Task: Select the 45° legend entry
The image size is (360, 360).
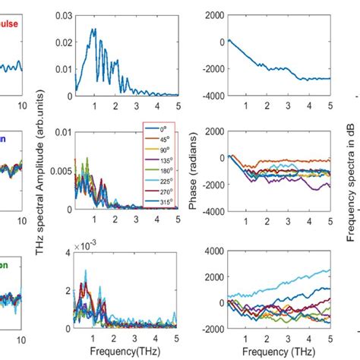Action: (159, 139)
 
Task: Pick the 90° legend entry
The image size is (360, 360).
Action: (159, 150)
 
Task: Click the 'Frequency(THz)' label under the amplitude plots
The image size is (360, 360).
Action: (125, 352)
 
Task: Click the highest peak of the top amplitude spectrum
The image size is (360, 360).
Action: (93, 30)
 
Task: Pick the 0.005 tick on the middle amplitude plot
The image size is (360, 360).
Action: (60, 171)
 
